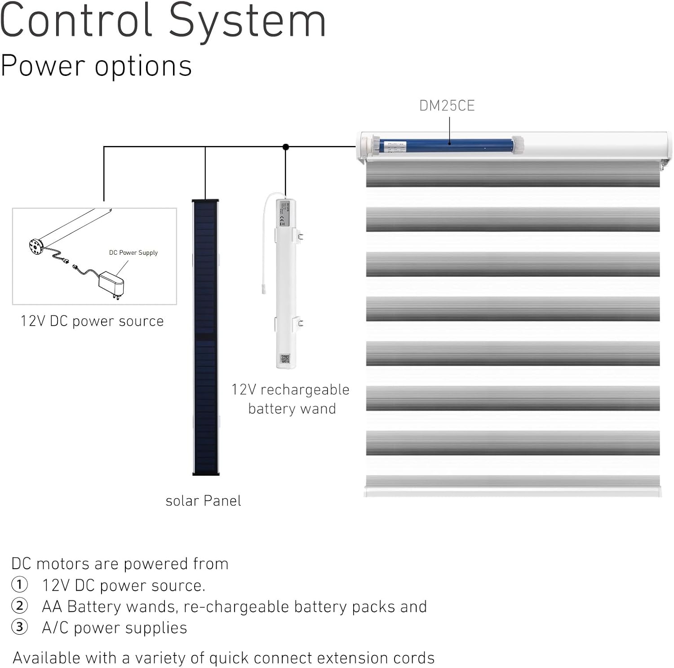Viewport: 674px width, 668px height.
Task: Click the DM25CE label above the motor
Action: tap(447, 106)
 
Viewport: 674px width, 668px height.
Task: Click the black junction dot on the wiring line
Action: tap(286, 147)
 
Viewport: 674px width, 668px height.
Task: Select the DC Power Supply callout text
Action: tap(133, 252)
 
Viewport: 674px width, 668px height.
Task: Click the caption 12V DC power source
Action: tap(92, 321)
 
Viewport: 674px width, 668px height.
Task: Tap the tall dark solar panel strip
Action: tap(206, 337)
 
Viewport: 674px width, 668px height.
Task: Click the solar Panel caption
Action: tap(203, 501)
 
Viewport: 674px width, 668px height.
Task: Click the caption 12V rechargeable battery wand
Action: tap(291, 399)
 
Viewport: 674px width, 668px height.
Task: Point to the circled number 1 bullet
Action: tap(19, 585)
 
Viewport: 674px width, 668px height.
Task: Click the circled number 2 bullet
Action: tap(19, 606)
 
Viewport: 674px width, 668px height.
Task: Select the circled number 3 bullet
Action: tap(19, 627)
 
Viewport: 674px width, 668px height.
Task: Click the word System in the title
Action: tap(248, 22)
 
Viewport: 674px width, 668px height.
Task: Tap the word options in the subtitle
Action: tap(143, 66)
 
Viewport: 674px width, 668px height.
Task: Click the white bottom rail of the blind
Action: tap(513, 491)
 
